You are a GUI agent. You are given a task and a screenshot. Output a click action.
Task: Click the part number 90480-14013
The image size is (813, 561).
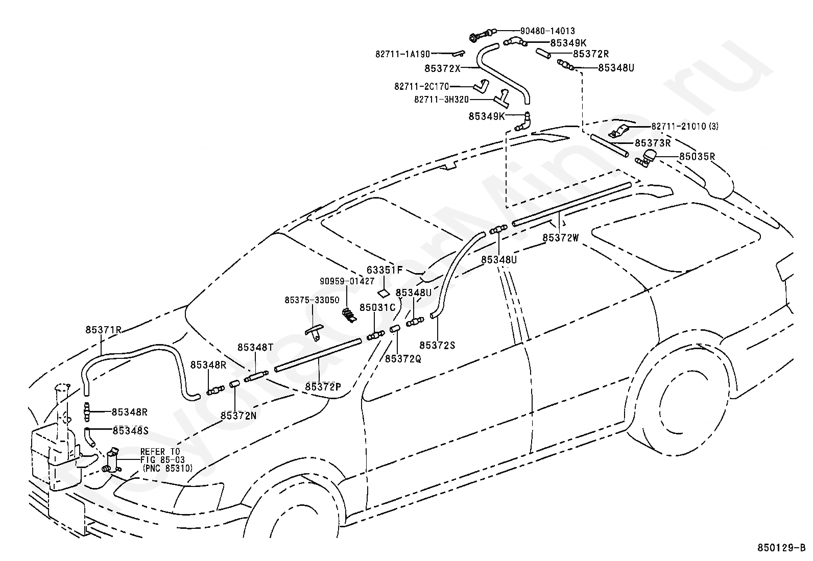(x=547, y=31)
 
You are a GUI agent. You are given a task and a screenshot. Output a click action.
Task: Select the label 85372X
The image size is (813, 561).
(x=442, y=68)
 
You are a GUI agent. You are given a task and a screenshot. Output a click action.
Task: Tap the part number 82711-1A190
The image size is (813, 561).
(x=402, y=55)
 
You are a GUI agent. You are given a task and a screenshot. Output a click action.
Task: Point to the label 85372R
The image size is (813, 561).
(x=591, y=54)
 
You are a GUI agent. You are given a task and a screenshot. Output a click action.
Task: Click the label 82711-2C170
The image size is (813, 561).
(x=422, y=87)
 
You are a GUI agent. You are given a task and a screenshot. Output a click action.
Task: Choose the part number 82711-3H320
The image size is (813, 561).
(x=441, y=100)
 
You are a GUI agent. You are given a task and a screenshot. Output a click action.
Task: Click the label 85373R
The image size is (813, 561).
(x=653, y=143)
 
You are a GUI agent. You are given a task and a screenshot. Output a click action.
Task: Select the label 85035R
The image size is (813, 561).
(x=697, y=157)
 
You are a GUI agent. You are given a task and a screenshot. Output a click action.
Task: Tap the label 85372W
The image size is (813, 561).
(x=561, y=238)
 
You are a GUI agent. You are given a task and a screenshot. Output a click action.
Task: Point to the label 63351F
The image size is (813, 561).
(x=385, y=270)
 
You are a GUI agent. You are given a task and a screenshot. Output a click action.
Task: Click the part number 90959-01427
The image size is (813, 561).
(x=347, y=281)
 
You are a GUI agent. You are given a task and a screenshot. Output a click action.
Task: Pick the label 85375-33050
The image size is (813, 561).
(x=312, y=300)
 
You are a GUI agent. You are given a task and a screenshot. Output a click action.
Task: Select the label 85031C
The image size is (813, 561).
(x=377, y=308)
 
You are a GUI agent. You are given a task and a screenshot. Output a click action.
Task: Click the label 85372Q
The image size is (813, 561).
(x=403, y=359)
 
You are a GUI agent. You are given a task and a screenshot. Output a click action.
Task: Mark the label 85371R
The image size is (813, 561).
(x=104, y=330)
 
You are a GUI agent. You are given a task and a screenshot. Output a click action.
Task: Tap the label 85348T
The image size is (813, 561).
(x=255, y=348)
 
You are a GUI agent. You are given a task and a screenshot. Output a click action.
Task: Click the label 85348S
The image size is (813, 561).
(x=131, y=431)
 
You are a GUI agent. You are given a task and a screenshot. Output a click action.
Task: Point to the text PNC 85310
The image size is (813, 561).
(x=168, y=468)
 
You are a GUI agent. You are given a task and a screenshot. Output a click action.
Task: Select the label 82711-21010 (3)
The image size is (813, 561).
(x=685, y=126)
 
